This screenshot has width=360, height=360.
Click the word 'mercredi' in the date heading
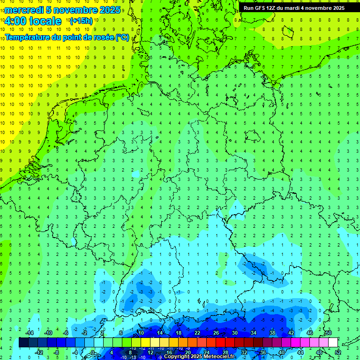pos(24,10)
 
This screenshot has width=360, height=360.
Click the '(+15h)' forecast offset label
pos(81,21)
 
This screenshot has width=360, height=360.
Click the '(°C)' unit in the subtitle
pos(122,37)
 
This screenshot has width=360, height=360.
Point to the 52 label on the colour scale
pos(338,352)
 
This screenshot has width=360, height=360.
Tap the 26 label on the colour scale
pos(216,333)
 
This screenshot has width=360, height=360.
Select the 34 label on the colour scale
pos(254,333)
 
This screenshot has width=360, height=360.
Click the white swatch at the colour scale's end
pos(333,343)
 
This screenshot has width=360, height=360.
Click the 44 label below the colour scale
pos(300,352)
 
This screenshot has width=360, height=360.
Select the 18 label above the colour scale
pos(179,333)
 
